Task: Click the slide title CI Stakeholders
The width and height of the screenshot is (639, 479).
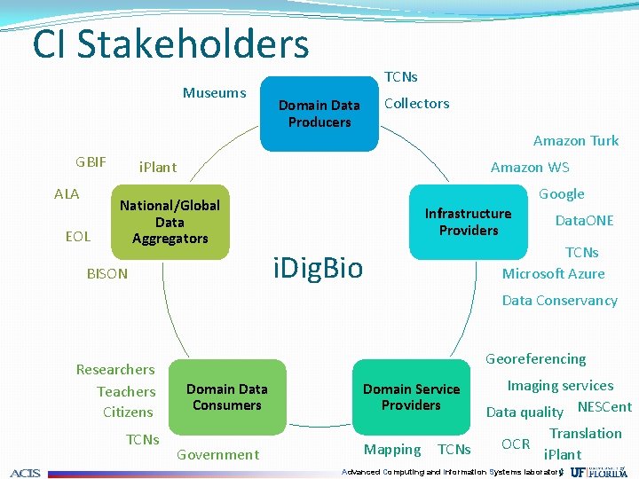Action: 170,44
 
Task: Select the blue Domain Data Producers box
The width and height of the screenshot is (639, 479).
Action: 319,114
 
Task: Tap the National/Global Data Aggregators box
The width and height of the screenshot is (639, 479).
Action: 170,222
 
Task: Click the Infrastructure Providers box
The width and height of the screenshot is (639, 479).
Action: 468,222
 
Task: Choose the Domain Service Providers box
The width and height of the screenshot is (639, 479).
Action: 411,397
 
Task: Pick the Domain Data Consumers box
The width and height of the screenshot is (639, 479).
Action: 227,397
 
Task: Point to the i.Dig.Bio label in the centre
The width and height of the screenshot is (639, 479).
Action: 318,267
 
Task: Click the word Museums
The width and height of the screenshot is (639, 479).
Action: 214,93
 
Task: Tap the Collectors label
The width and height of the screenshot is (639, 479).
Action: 416,103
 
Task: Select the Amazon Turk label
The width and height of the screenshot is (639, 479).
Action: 575,140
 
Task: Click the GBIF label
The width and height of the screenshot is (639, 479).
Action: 91,162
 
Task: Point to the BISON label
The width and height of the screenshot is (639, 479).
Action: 106,274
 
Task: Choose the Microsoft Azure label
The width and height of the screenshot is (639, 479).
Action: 553,273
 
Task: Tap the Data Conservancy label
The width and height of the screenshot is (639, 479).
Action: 559,300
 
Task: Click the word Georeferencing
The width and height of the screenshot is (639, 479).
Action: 535,358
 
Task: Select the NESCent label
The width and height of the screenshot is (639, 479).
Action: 604,407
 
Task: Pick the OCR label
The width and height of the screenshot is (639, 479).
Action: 516,444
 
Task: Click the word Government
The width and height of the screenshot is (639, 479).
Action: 217,455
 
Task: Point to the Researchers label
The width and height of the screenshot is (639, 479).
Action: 115,369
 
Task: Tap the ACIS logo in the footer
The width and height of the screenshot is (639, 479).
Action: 26,472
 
